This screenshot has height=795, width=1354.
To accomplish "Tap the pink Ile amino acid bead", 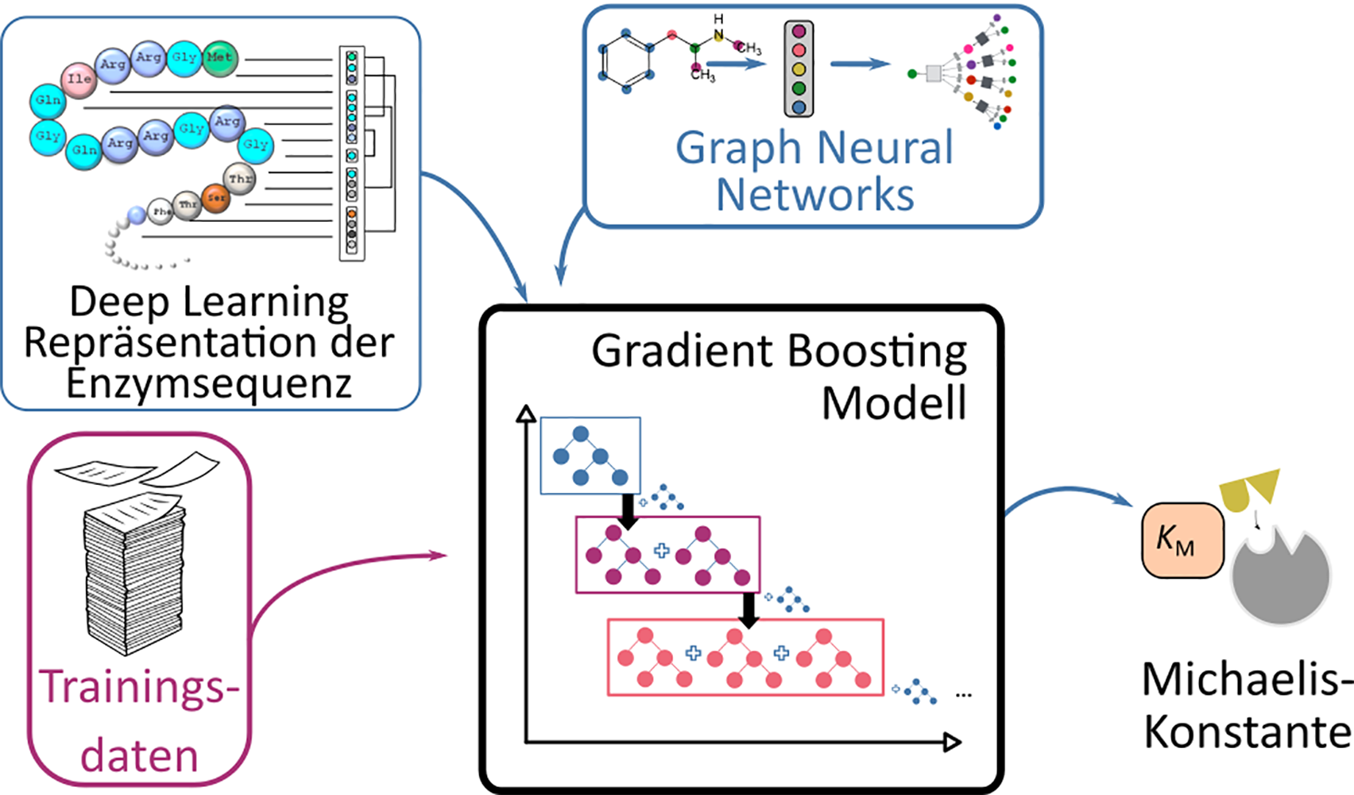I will click(x=79, y=79).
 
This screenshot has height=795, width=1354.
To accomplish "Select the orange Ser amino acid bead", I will click(x=215, y=198).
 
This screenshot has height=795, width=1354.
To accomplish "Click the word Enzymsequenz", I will click(x=209, y=383).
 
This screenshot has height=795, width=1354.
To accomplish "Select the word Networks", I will click(x=815, y=195).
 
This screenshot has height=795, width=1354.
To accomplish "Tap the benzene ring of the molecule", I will click(x=627, y=62).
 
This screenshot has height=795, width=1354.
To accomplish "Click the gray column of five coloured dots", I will click(x=799, y=69).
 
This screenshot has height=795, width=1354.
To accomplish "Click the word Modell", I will click(x=893, y=403).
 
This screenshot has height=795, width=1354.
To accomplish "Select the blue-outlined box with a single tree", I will click(x=590, y=456).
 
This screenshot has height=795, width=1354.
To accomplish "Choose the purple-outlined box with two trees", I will click(x=667, y=554).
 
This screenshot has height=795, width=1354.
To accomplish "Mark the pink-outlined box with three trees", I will click(x=745, y=657).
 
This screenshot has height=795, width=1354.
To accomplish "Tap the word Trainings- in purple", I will click(x=139, y=688).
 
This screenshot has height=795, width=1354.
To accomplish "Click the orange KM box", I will click(x=1182, y=540).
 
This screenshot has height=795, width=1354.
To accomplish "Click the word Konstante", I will click(x=1248, y=732).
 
